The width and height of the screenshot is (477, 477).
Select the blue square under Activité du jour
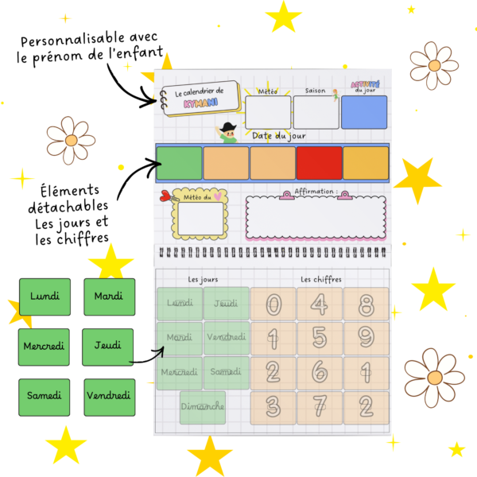click(364, 112)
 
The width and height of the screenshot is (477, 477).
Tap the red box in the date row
click(319, 163)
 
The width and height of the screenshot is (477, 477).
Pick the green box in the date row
click(179, 163)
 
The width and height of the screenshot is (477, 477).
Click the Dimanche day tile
click(203, 407)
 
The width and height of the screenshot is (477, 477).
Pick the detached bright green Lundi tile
click(45, 297)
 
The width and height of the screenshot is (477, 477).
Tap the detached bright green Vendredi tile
click(108, 395)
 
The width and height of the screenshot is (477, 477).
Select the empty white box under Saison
click(316, 112)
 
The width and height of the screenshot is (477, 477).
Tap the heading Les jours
click(203, 280)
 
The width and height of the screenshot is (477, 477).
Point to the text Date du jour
click(279, 136)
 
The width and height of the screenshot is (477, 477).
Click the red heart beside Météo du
click(165, 196)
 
